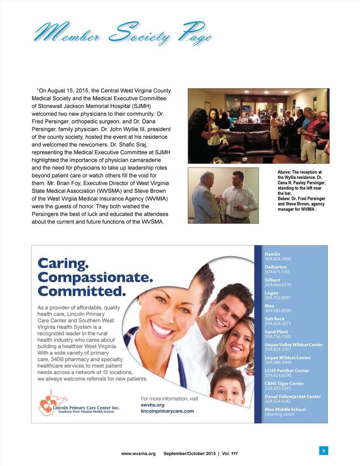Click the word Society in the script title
pyautogui.click(x=140, y=34)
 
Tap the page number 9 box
pyautogui.click(x=323, y=451)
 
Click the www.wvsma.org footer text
pyautogui.click(x=138, y=453)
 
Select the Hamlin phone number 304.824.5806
pyautogui.click(x=278, y=259)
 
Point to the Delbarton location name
pyautogui.click(x=276, y=267)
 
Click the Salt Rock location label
pyautogui.click(x=275, y=319)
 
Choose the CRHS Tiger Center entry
pyautogui.click(x=284, y=383)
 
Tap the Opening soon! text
pyautogui.click(x=279, y=414)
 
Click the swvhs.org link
pyautogui.click(x=153, y=405)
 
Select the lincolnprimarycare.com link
pyautogui.click(x=167, y=411)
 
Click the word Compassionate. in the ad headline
pyautogui.click(x=95, y=277)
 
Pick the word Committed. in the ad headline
pyautogui.click(x=82, y=291)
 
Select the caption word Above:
pyautogui.click(x=284, y=172)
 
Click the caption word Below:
pyautogui.click(x=284, y=198)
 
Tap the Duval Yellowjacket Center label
pyautogui.click(x=292, y=396)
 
